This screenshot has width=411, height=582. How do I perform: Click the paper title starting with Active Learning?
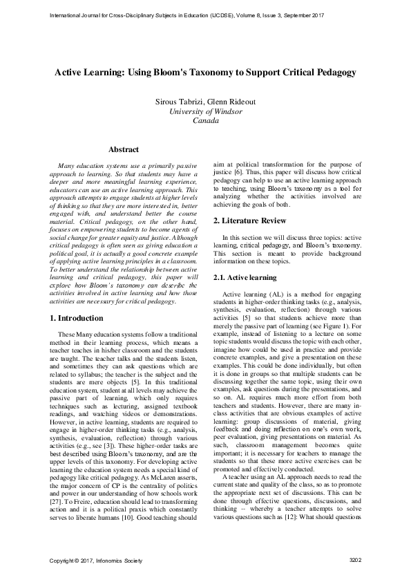205,72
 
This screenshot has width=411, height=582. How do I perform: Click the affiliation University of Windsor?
205,111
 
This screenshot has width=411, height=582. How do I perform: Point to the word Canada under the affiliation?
205,120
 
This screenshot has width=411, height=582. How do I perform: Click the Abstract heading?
124,149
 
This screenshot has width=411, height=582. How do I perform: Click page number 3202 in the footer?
356,559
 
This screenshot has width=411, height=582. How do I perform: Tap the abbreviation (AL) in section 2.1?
278,295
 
